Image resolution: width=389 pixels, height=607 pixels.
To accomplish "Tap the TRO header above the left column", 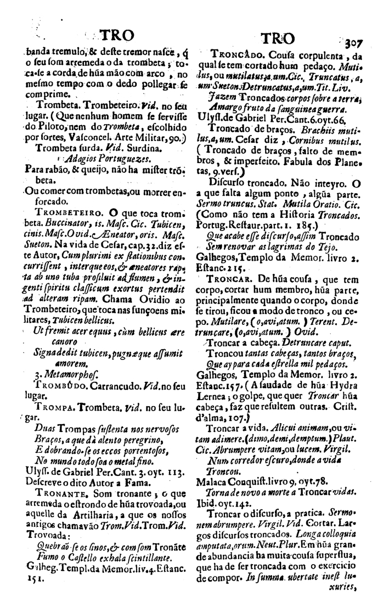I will click(114, 36).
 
